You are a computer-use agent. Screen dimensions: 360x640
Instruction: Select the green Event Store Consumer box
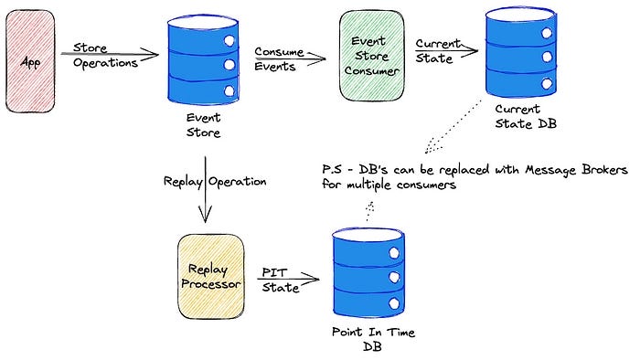[371, 58]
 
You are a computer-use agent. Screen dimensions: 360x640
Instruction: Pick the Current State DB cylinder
[521, 57]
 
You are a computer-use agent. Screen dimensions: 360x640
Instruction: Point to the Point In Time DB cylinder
[363, 270]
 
